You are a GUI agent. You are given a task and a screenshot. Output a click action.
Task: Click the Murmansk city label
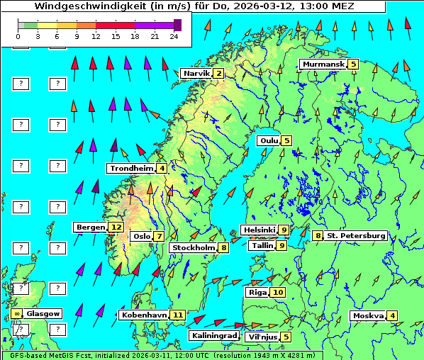tap(323, 64)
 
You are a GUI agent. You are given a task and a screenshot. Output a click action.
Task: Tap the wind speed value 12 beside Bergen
tap(116, 227)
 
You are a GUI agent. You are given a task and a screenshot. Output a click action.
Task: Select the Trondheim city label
tap(131, 169)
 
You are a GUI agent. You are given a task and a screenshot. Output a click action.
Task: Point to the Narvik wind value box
tap(219, 74)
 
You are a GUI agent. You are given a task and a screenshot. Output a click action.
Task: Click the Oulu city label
tap(268, 140)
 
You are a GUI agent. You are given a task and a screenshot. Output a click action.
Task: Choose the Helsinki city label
tap(258, 230)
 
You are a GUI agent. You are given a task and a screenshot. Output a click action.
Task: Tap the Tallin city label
tap(262, 246)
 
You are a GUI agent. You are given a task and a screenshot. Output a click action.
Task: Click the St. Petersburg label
tap(356, 235)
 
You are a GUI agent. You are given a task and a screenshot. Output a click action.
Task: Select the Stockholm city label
tap(193, 248)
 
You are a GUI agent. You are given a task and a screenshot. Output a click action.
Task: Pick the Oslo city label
tap(142, 237)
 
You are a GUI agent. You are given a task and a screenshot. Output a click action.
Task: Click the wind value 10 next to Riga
tap(277, 292)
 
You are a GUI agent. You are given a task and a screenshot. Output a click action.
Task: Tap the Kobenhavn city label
tap(144, 315)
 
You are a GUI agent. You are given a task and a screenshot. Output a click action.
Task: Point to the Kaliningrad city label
tap(213, 336)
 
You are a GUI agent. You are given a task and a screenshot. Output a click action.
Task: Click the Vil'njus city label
tap(262, 337)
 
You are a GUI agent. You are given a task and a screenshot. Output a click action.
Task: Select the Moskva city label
tap(368, 316)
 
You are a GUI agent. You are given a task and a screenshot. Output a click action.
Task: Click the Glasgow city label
tap(44, 313)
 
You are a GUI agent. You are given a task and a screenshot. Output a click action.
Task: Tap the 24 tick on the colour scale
tap(174, 36)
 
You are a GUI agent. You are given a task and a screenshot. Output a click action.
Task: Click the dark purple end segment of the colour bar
tap(177, 25)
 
